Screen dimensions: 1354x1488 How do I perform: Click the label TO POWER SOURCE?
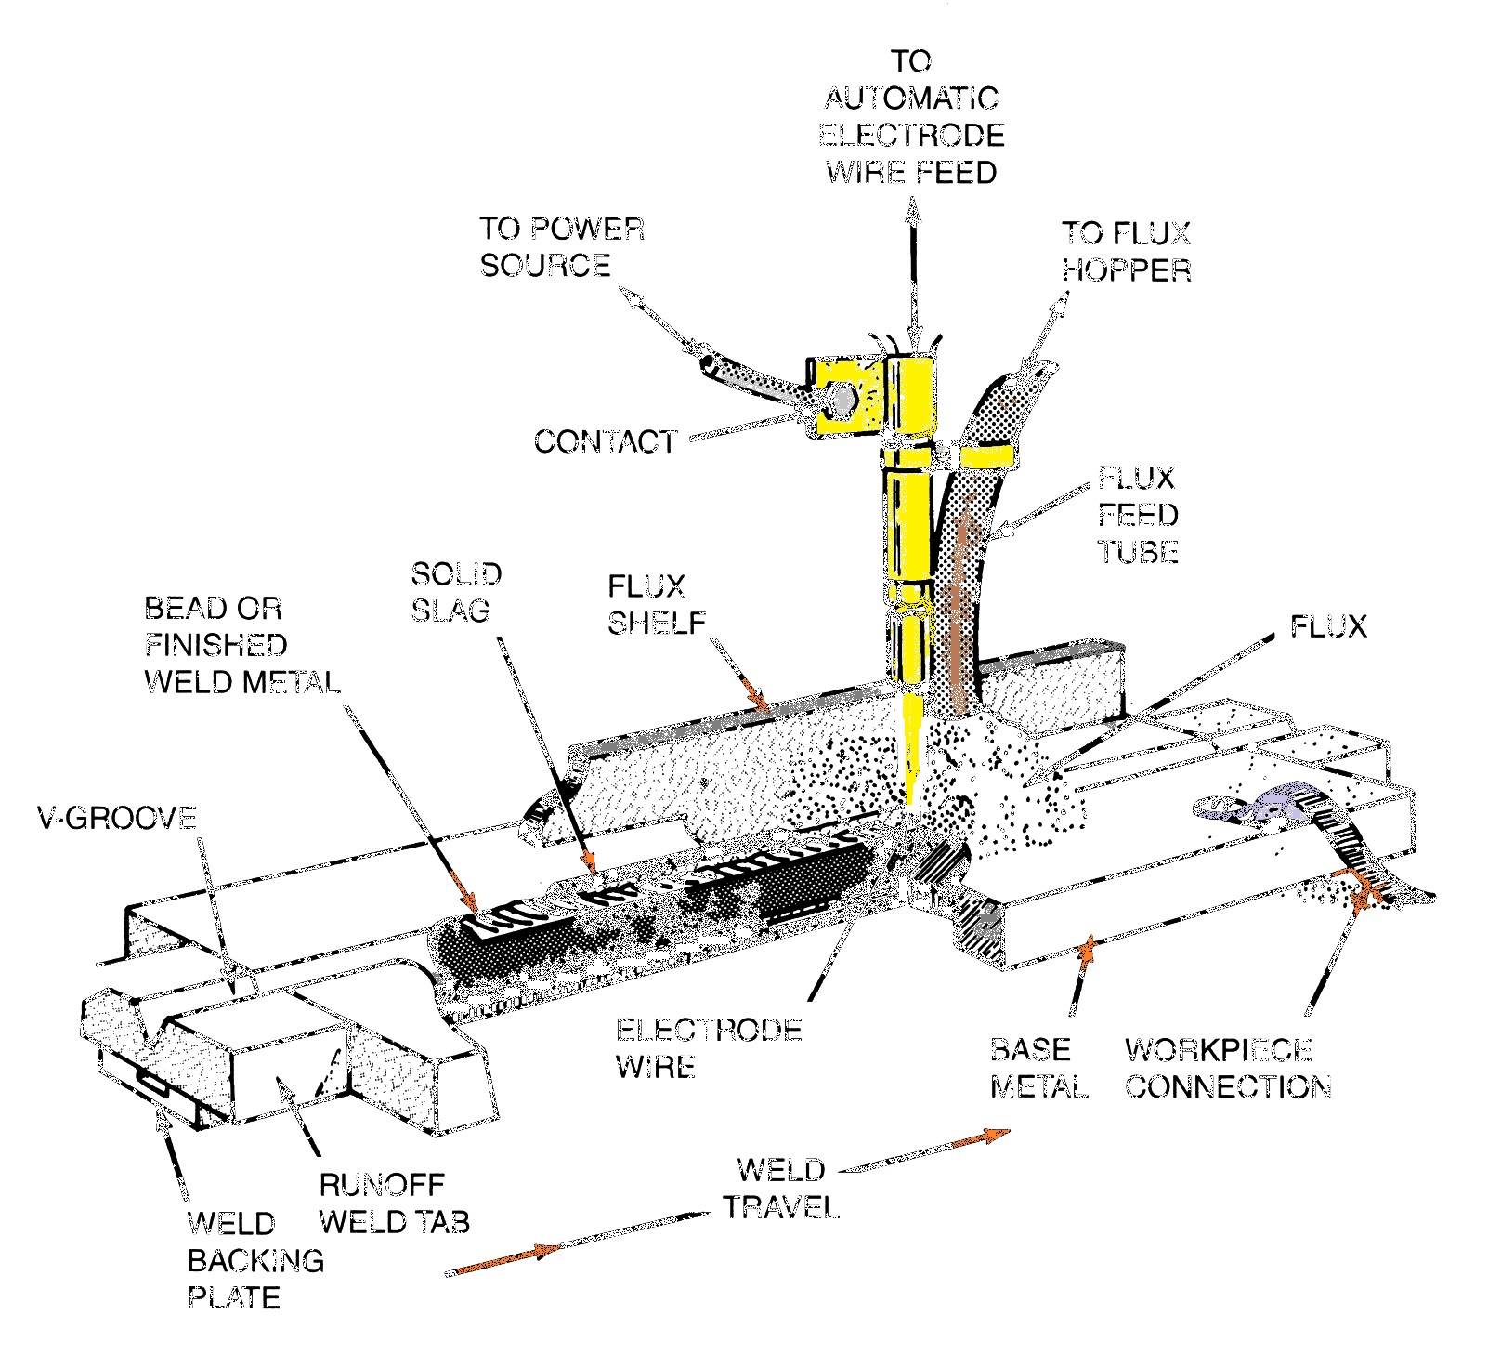pos(560,247)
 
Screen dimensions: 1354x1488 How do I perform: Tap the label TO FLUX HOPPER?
pos(1125,251)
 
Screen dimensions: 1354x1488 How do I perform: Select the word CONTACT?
pos(605,441)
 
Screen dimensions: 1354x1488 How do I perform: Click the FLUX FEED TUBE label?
pos(1138,515)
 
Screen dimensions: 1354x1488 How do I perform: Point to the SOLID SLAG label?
pos(455,592)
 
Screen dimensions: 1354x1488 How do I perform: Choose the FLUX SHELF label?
pos(656,604)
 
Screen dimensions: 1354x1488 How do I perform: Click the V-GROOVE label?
pos(117,818)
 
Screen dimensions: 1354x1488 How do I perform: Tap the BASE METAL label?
pos(1038,1068)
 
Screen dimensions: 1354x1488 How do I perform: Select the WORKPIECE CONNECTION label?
pos(1227,1068)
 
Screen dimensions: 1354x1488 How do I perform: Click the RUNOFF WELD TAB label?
pos(394,1203)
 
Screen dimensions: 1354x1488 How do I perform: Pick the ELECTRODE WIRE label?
pos(707,1047)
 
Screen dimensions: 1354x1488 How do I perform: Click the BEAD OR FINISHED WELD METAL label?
pos(241,645)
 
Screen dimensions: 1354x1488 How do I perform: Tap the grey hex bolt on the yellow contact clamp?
pos(842,397)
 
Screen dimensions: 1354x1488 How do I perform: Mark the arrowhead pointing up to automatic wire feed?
pos(913,215)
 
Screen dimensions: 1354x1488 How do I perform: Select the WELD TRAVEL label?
pos(780,1189)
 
